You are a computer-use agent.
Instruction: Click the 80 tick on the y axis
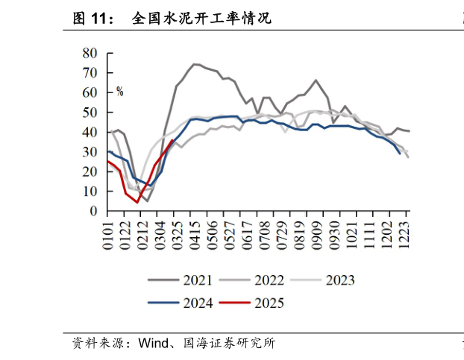pyautogui.click(x=90, y=53)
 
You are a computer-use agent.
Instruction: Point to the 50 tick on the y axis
pyautogui.click(x=90, y=113)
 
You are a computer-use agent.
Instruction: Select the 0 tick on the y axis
pyautogui.click(x=93, y=212)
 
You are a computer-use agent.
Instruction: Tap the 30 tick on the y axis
pyautogui.click(x=90, y=152)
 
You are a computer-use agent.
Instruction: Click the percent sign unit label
pyautogui.click(x=119, y=92)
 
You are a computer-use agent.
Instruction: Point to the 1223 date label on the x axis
pyautogui.click(x=407, y=235)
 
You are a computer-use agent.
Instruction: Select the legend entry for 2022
pyautogui.click(x=253, y=280)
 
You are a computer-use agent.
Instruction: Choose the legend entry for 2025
pyautogui.click(x=253, y=303)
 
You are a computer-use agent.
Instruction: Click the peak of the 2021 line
pyautogui.click(x=195, y=64)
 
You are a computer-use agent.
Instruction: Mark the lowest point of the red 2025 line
pyautogui.click(x=137, y=202)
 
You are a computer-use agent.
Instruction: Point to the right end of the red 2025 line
pyautogui.click(x=173, y=140)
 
